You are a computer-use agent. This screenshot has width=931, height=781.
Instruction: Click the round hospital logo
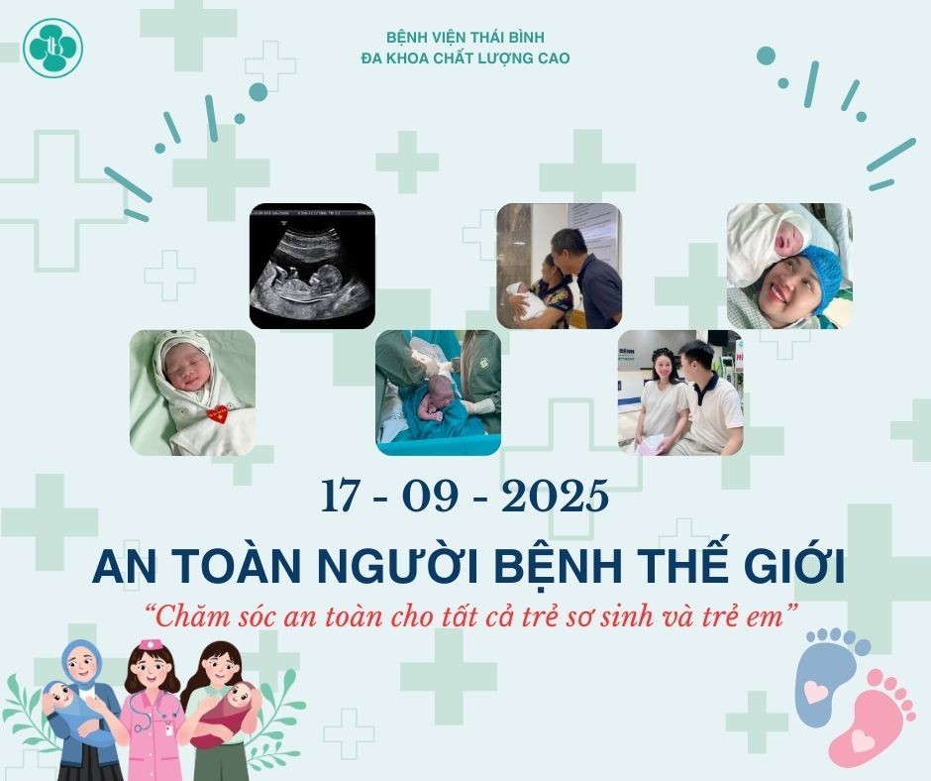[54, 48]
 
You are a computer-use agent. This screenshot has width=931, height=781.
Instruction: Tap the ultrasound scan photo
[312, 266]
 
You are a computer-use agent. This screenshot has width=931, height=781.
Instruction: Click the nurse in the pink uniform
[153, 709]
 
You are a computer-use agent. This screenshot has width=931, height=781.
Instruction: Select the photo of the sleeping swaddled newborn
[192, 392]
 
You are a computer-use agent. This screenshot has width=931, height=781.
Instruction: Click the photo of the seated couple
[679, 392]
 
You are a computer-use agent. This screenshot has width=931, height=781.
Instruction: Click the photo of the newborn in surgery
[438, 392]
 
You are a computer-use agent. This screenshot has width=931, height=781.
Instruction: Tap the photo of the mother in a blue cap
[789, 266]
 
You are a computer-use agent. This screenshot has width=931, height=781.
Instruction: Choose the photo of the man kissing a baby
[559, 266]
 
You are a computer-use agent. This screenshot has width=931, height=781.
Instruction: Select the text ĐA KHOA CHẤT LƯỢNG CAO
[465, 58]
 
